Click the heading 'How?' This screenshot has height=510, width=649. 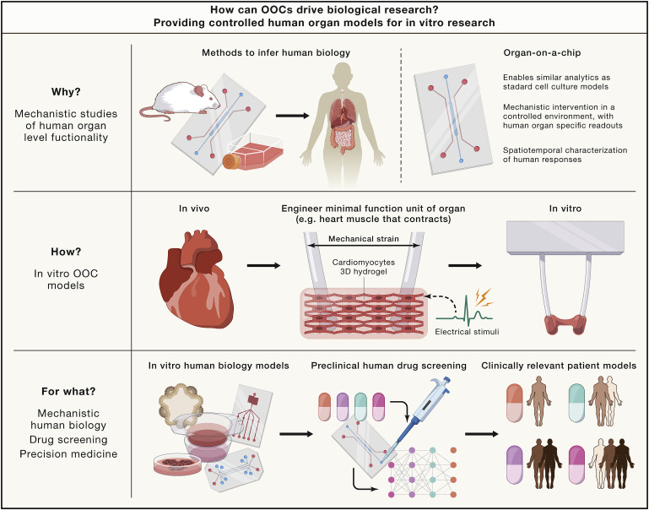66,252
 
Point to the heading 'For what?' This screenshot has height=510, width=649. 65,392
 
